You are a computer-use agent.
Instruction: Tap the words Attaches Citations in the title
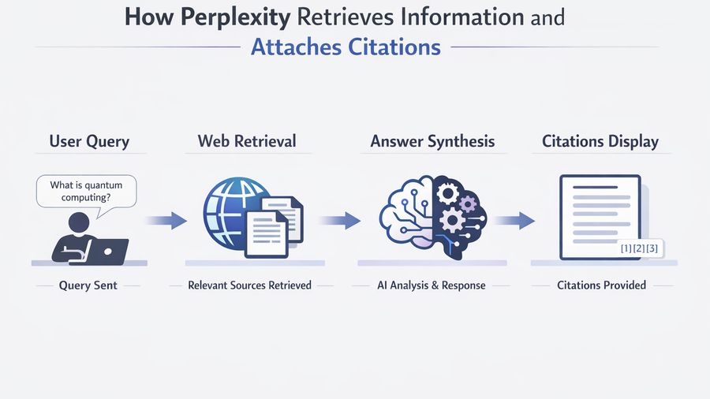coord(346,47)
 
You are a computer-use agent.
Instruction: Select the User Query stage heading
coord(89,142)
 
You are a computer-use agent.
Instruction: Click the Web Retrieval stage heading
coord(247,142)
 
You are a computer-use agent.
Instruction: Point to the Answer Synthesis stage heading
coord(432,142)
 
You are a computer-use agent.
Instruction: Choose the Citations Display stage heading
coord(600,142)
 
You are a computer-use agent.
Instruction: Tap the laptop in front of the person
coord(105,251)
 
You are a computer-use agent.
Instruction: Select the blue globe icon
coord(234,211)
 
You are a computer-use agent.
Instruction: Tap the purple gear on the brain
coord(469,205)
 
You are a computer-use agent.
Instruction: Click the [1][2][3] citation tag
coord(640,249)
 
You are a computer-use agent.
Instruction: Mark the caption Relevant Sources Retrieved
coord(249,285)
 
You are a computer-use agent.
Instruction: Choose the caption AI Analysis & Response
coord(431,285)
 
